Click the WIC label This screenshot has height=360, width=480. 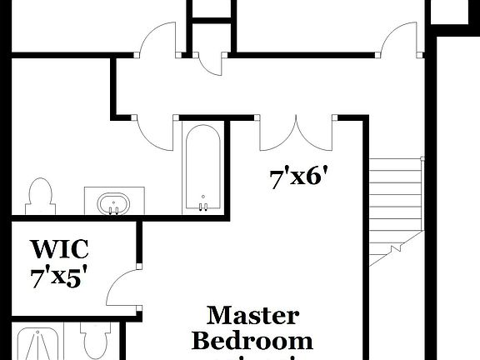coord(60,249)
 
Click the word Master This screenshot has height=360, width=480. coord(252,316)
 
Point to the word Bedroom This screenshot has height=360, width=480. coord(252,340)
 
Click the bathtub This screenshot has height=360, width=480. coord(202,167)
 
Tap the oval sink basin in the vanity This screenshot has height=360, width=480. coord(112,202)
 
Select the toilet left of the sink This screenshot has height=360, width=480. coord(39,197)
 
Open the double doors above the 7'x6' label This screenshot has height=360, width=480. coord(296,133)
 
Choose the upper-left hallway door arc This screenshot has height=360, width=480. coord(156,42)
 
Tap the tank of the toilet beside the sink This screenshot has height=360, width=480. coord(40,185)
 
